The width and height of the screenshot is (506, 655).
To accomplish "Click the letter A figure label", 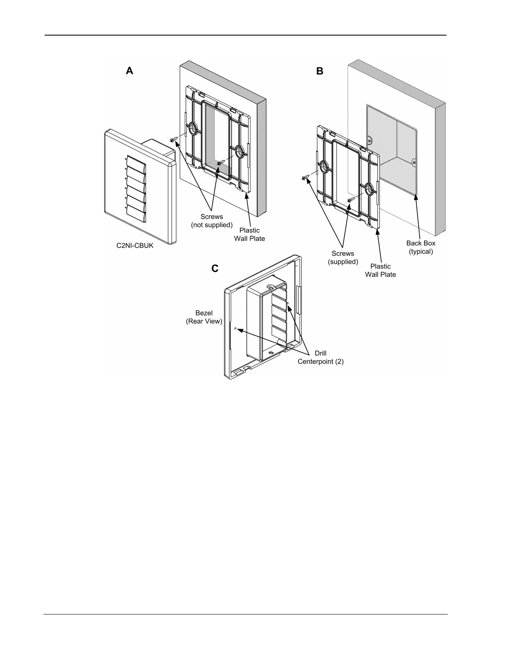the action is [130, 71].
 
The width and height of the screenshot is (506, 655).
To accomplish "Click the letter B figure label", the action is [320, 71].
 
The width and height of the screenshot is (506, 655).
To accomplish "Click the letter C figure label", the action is [215, 269].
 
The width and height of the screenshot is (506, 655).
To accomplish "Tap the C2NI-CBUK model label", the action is [135, 246].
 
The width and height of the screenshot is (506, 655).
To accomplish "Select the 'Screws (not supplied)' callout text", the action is [212, 221].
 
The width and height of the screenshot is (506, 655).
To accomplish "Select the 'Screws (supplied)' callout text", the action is [343, 258].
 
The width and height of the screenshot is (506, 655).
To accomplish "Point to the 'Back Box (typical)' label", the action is [420, 247].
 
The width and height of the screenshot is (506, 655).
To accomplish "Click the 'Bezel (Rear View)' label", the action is [204, 317].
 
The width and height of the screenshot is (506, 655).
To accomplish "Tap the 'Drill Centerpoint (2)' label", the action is [320, 357].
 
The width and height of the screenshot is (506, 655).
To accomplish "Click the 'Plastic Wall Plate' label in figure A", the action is [249, 234].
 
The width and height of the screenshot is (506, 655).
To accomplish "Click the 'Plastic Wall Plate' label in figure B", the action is [380, 270].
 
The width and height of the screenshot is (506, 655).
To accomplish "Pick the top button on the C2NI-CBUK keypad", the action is [136, 162].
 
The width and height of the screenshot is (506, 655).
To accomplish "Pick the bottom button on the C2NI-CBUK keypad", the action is [136, 215].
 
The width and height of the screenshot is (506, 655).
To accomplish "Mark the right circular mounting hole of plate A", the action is [239, 152].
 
